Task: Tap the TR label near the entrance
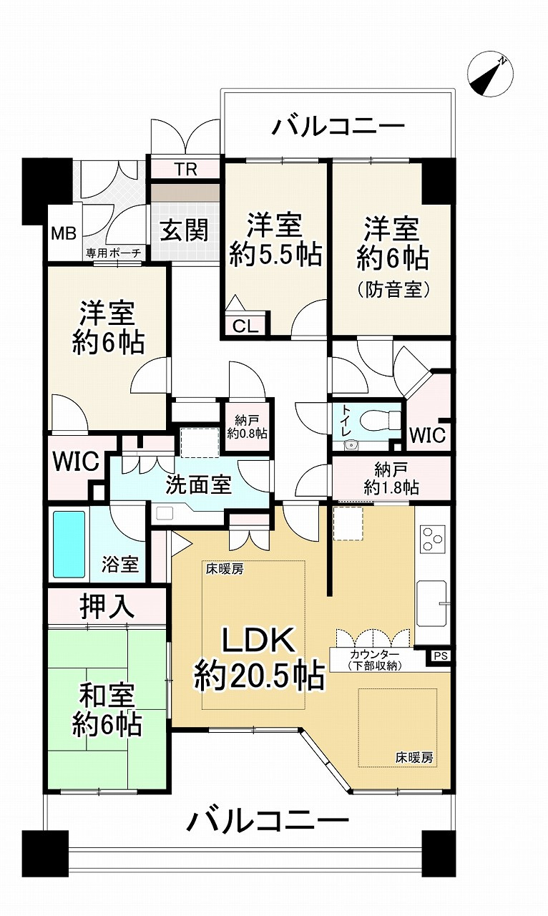click(x=185, y=170)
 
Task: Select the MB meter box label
click(x=61, y=234)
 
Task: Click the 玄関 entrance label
click(x=184, y=230)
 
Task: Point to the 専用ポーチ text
click(x=114, y=253)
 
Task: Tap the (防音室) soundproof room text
click(x=391, y=290)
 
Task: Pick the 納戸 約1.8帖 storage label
click(x=391, y=479)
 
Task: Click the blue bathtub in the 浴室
click(x=69, y=544)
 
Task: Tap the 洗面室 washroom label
click(x=198, y=484)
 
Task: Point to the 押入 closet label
click(x=107, y=607)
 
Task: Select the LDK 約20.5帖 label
click(x=258, y=659)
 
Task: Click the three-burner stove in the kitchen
click(x=432, y=538)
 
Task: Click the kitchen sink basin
click(x=432, y=603)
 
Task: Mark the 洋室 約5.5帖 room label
click(x=275, y=240)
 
